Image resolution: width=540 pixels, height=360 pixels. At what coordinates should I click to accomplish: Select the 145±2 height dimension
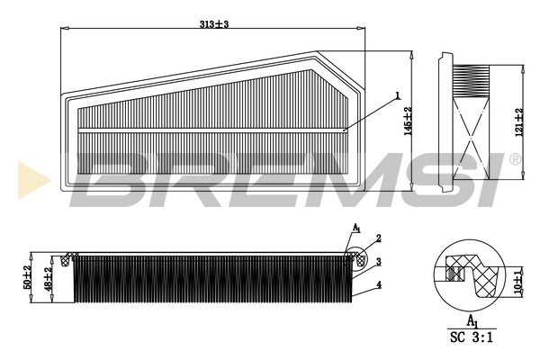408,121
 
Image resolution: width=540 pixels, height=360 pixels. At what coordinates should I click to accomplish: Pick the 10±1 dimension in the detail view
517,279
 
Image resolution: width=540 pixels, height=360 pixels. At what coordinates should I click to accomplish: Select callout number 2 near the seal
379,238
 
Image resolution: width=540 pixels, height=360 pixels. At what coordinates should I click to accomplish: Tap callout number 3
379,262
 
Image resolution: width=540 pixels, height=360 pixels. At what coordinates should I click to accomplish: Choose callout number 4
379,284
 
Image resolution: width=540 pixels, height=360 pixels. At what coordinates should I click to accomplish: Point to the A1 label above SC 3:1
472,320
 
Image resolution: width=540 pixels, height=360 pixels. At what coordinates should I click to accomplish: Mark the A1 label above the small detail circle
356,229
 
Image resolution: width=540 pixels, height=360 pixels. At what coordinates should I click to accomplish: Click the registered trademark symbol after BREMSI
515,159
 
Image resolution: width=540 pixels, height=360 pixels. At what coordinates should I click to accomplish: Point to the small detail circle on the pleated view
356,259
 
